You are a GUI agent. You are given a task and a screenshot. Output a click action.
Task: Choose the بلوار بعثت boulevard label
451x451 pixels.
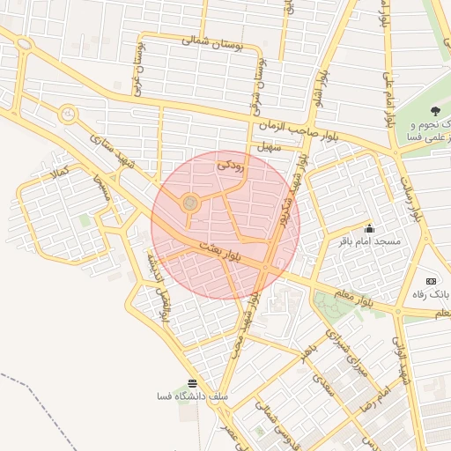(220, 249)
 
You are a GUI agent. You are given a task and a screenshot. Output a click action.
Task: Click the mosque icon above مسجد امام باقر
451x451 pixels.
(368, 228)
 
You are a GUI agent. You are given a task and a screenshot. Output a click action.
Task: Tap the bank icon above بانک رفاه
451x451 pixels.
(431, 280)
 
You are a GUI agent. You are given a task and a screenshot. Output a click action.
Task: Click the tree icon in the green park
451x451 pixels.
(434, 110)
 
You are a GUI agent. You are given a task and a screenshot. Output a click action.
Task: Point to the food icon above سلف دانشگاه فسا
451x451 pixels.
(192, 383)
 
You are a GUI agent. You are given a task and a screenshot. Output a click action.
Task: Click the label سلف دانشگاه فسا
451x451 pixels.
(191, 396)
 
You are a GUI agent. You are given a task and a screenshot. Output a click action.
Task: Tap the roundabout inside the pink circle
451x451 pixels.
(189, 204)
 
